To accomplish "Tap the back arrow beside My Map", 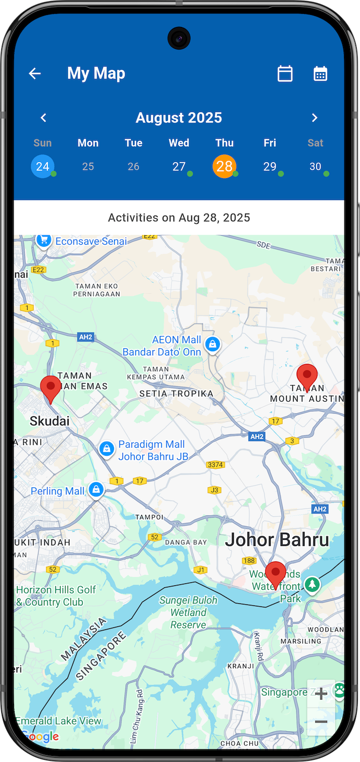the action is [x=34, y=74].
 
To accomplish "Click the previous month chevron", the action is [x=43, y=118].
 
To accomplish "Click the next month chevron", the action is [x=314, y=118].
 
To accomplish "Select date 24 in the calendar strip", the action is [x=42, y=166].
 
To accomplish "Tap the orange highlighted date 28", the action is [x=224, y=166].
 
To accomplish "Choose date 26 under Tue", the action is [x=133, y=166].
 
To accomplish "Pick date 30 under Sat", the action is [x=315, y=166].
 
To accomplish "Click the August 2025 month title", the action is [x=178, y=118].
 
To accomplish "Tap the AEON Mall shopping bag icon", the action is [x=213, y=344].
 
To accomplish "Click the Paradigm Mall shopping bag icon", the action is [x=107, y=449].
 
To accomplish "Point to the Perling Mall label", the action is [x=57, y=491].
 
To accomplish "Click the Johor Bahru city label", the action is [x=277, y=540].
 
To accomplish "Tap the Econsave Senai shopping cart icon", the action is [x=44, y=241].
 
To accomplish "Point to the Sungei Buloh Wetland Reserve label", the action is [x=188, y=612].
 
